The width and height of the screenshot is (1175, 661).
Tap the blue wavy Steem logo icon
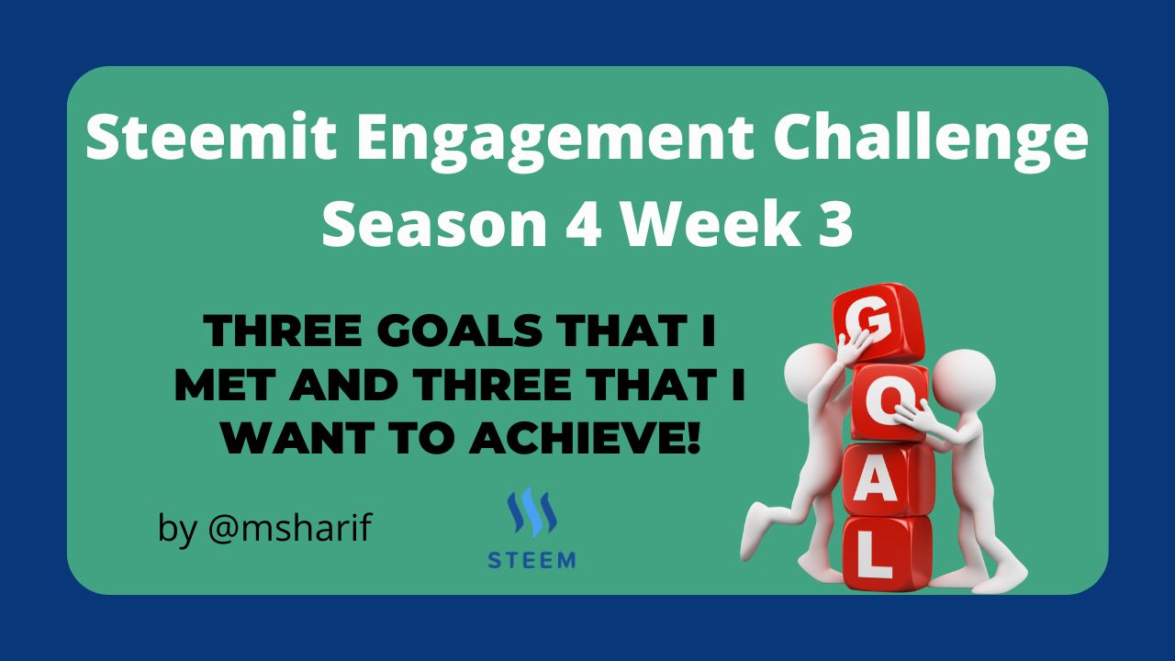532,512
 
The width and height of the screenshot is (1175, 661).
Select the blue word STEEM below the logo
532,560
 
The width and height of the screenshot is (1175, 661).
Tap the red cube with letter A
888,481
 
